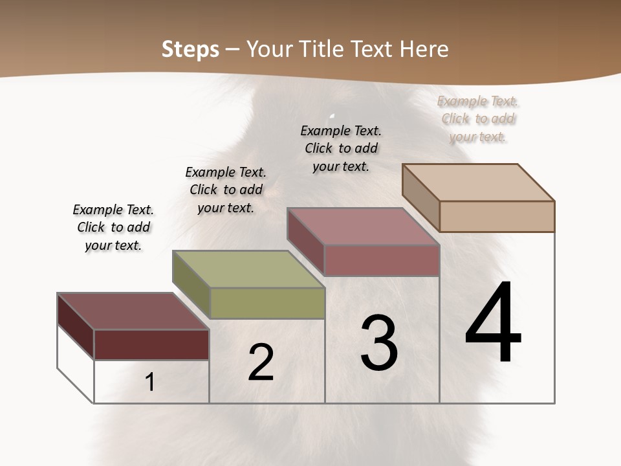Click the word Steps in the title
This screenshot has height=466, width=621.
pos(190,49)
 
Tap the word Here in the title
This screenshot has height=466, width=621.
pos(424,49)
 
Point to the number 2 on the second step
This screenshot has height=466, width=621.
pos(261,362)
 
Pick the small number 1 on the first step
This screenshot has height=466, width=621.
pos(150,382)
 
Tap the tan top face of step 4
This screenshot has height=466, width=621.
pos(479,182)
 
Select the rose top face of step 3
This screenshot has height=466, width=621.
pos(364,226)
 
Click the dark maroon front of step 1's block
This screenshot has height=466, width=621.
pos(151,344)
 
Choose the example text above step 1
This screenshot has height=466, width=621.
pos(113,227)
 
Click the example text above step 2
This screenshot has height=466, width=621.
pos(226,190)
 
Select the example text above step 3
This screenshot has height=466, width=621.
pos(341,148)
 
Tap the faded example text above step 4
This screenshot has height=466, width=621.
pos(478,118)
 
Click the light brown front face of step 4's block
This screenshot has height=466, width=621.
pos(497,216)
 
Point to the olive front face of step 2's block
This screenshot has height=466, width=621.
pos(267,303)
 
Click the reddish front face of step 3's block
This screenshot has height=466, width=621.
pos(382,260)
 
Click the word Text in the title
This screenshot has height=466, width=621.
pos(376,49)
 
